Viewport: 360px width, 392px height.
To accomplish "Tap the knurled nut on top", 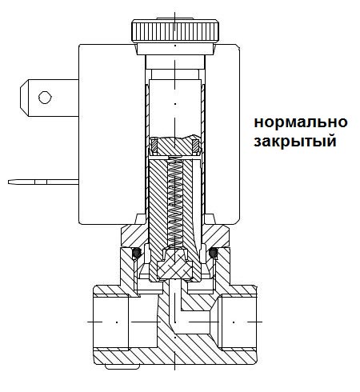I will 174,33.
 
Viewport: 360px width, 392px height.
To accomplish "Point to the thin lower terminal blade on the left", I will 40,182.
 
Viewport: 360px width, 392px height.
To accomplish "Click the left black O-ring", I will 137,254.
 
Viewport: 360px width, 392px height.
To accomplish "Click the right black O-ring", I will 212,254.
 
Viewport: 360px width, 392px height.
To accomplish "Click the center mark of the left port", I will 116,321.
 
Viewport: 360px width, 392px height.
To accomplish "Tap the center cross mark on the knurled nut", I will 174,14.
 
